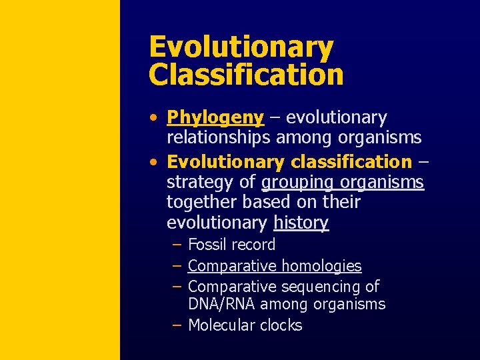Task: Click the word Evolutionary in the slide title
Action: [241, 48]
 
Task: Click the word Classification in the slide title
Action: [246, 75]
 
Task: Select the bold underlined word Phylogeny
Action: [215, 118]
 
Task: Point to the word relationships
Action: [218, 138]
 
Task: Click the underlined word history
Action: [301, 223]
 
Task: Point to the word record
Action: [253, 245]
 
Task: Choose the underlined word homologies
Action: [320, 266]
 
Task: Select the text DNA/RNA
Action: [222, 305]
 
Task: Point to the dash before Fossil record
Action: [177, 245]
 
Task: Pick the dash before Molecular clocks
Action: [177, 325]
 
